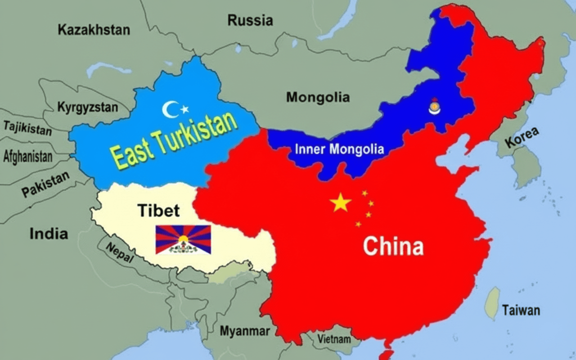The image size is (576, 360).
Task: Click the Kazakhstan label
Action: (x=94, y=30)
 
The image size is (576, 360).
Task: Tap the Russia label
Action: (x=250, y=20)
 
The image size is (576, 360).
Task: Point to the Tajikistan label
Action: (x=27, y=128)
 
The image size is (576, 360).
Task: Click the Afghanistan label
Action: (x=27, y=157)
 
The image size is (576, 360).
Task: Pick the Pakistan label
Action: (x=45, y=184)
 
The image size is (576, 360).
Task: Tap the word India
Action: (x=49, y=234)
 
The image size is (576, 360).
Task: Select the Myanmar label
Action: (x=245, y=331)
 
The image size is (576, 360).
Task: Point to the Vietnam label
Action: (x=334, y=339)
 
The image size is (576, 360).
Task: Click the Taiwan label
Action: (x=521, y=310)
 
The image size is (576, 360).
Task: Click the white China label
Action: (x=393, y=247)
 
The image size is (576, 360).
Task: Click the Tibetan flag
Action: (x=183, y=240)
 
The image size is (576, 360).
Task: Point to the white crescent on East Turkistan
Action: (x=170, y=109)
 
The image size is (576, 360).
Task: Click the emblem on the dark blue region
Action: (x=434, y=107)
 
